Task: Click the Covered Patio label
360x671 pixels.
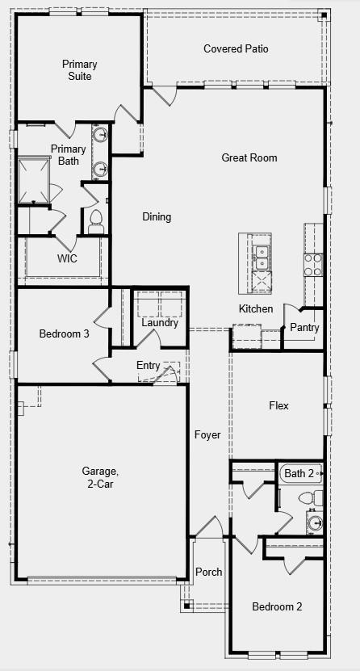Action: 236,49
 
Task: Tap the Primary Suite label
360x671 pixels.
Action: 80,70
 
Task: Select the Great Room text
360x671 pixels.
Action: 249,157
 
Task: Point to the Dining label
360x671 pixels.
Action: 157,216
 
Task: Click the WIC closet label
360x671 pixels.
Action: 67,259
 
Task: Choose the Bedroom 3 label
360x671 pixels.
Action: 64,333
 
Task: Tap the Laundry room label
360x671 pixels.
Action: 160,323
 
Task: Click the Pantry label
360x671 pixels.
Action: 304,328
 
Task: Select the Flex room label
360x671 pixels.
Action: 278,405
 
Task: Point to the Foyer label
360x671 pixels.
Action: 207,435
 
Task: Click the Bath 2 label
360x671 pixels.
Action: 299,473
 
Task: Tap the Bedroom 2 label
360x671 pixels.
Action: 277,607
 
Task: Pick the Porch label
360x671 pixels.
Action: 209,572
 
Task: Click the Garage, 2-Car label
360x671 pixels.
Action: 100,477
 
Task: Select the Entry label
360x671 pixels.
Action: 148,366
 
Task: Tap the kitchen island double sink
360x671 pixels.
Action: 262,257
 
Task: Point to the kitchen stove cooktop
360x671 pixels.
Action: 313,264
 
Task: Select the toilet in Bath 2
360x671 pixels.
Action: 317,497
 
